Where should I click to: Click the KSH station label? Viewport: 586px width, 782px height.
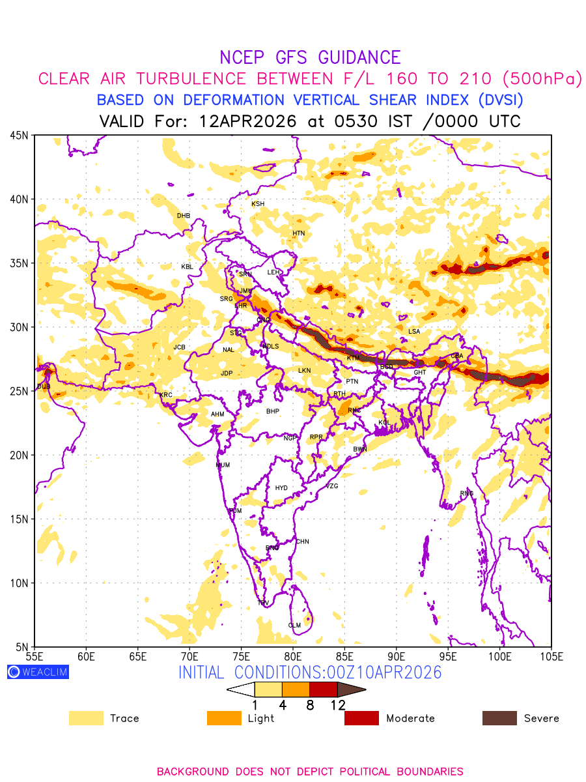(258, 204)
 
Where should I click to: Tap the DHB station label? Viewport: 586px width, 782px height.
(184, 216)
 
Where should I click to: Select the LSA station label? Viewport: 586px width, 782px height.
(414, 332)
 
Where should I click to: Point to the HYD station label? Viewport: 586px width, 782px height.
(281, 488)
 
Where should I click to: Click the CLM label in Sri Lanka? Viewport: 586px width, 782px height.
(294, 626)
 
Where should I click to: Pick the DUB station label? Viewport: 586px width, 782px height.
(44, 386)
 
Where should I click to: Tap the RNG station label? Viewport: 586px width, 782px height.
(467, 493)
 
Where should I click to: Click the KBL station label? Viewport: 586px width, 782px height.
(187, 267)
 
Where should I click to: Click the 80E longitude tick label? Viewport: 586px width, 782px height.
(293, 656)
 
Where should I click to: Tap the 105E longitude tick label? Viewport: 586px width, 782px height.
(551, 656)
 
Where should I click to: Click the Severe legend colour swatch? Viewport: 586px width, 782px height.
(499, 718)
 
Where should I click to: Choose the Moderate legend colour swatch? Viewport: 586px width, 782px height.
(361, 718)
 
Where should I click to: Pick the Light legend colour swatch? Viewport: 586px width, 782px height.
(224, 718)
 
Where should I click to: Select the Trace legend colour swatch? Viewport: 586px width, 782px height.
(86, 718)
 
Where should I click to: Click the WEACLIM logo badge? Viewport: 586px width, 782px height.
(38, 672)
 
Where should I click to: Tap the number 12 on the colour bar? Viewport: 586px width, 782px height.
(337, 704)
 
